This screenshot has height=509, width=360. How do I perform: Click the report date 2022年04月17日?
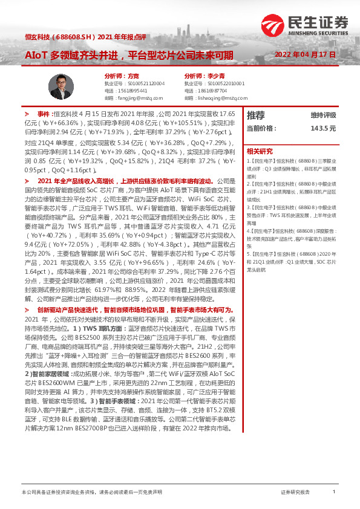[304, 54]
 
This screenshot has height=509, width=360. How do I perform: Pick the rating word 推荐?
[256, 115]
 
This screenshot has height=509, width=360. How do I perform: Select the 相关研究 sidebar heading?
[260, 151]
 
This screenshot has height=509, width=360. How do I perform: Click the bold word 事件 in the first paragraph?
[45, 114]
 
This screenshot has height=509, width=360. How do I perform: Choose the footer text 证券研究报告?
[295, 493]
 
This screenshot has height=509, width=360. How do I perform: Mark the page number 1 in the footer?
[333, 493]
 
